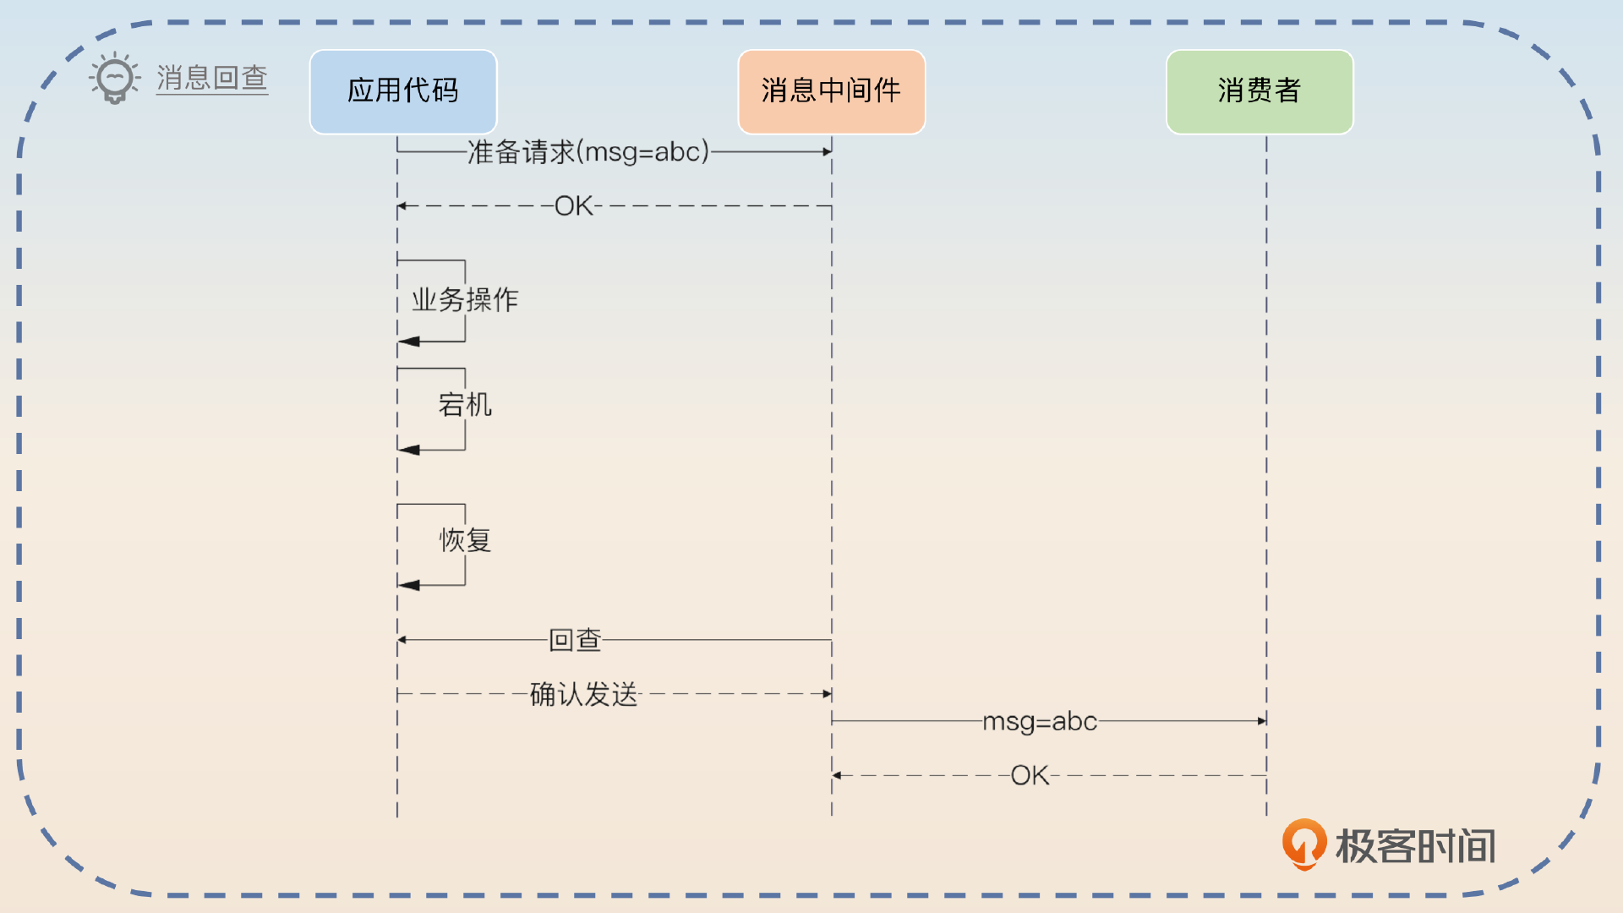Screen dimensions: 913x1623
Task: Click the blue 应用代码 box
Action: pyautogui.click(x=403, y=91)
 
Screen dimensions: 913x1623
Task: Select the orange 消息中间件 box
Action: pyautogui.click(x=831, y=91)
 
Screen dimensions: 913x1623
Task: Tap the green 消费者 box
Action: pyautogui.click(x=1260, y=91)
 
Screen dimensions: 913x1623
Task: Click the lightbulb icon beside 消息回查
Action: pyautogui.click(x=115, y=78)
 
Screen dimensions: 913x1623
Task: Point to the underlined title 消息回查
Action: pyautogui.click(x=212, y=78)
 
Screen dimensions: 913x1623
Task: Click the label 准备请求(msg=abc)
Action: pyautogui.click(x=588, y=152)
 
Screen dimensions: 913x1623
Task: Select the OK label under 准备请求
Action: pyautogui.click(x=574, y=205)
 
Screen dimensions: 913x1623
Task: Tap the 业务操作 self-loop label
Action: pyautogui.click(x=465, y=299)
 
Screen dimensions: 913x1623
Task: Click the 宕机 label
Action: pyautogui.click(x=465, y=405)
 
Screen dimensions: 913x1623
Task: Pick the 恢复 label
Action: pyautogui.click(x=465, y=539)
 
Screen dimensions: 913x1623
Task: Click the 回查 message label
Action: pyautogui.click(x=575, y=640)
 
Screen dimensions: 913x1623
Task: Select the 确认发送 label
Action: pyautogui.click(x=583, y=694)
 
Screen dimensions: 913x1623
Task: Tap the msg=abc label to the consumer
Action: pyautogui.click(x=1040, y=721)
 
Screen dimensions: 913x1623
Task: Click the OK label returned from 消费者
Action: pyautogui.click(x=1030, y=775)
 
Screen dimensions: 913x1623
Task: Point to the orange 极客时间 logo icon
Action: pyautogui.click(x=1304, y=843)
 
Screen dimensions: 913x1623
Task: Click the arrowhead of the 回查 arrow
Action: pyautogui.click(x=402, y=640)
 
